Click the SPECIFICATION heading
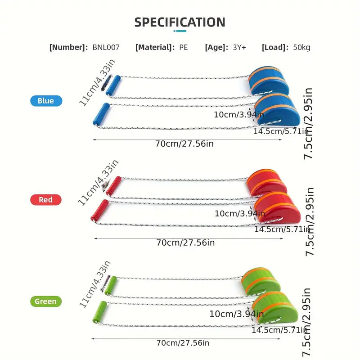click(x=180, y=22)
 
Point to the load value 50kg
click(x=301, y=47)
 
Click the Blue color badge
click(x=46, y=101)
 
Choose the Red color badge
click(x=45, y=200)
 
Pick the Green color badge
click(x=46, y=301)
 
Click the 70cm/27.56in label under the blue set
click(x=184, y=144)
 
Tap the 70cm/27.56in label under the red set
click(x=185, y=243)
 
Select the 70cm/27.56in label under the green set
click(x=183, y=343)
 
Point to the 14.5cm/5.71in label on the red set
click(x=282, y=229)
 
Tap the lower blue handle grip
click(x=101, y=114)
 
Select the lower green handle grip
click(x=99, y=312)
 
